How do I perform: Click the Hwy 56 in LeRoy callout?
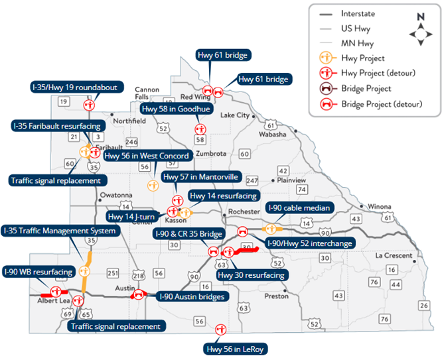click(237, 348)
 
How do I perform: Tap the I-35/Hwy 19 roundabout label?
click(66, 86)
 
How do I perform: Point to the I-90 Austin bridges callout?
click(192, 296)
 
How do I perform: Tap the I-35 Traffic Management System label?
click(60, 231)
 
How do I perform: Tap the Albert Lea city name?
click(54, 300)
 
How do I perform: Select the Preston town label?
click(276, 296)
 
